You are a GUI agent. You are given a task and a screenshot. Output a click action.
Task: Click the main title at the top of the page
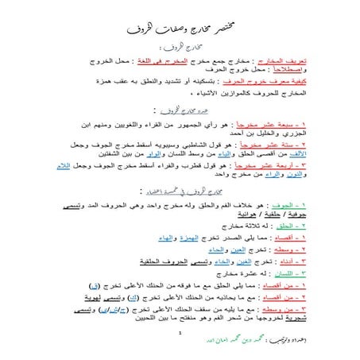coord(180,30)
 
